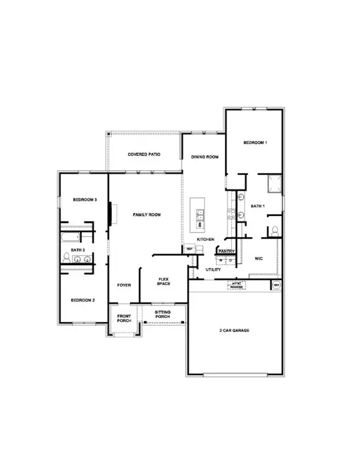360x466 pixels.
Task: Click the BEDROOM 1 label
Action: (255, 143)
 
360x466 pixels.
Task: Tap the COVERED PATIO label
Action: (144, 155)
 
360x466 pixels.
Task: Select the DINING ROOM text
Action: (204, 157)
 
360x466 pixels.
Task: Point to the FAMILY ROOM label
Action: (146, 215)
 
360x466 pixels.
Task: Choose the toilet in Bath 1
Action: (274, 230)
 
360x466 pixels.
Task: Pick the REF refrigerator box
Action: (189, 249)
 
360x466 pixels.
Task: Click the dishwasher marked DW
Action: (200, 224)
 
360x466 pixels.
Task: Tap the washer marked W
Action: (220, 260)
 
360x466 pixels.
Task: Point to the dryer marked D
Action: (230, 260)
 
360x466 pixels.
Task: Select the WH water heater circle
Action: (276, 284)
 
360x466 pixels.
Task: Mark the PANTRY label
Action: (226, 251)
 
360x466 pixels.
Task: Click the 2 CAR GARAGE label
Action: (234, 331)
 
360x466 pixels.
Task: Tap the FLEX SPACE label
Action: (163, 282)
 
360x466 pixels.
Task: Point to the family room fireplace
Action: (110, 214)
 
